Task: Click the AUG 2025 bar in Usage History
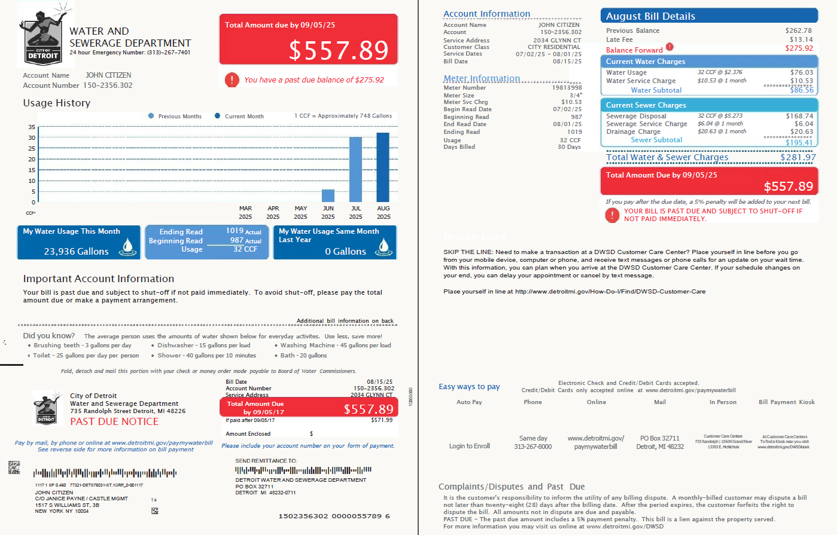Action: click(383, 167)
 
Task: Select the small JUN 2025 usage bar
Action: click(328, 195)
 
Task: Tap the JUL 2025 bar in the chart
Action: click(355, 170)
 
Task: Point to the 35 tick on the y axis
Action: click(32, 127)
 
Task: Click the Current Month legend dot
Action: click(217, 116)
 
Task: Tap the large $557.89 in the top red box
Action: click(338, 50)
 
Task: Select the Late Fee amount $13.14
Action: click(801, 39)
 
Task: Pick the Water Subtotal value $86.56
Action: click(801, 90)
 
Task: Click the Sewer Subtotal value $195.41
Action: click(799, 142)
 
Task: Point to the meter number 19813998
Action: click(567, 88)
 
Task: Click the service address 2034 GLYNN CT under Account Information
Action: click(557, 40)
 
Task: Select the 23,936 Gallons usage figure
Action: click(76, 252)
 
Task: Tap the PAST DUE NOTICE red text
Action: click(114, 421)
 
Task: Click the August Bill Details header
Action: click(650, 16)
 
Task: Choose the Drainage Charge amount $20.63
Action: click(801, 132)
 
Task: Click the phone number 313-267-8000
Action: click(532, 447)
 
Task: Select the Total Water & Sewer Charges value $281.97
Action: click(798, 157)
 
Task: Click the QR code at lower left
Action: click(14, 467)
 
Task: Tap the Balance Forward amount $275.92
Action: click(799, 48)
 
